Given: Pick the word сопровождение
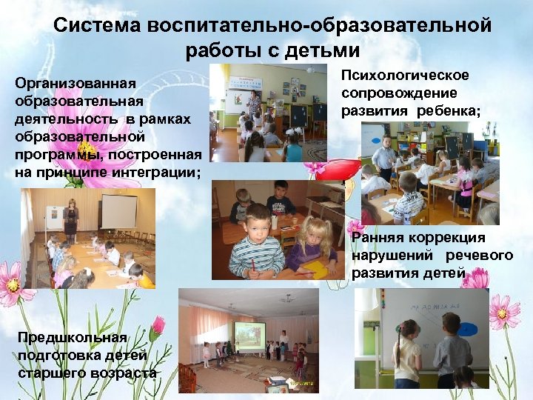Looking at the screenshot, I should point(399,93).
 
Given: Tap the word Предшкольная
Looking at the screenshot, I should point(73,338).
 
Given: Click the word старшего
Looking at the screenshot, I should point(52,372).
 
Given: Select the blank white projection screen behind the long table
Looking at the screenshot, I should point(118,210).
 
